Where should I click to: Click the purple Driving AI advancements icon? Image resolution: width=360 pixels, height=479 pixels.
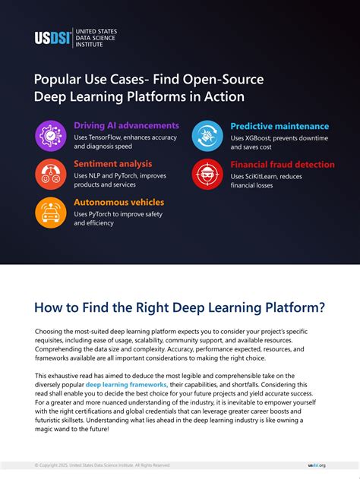[52, 136]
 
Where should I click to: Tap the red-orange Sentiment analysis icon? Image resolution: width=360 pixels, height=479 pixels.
[52, 175]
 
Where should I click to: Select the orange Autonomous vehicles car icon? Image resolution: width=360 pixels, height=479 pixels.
[52, 213]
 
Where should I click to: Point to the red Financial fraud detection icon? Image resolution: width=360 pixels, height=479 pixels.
[207, 175]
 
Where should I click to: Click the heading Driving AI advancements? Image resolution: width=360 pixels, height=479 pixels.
[126, 125]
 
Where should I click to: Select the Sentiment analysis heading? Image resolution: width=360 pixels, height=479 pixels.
[112, 163]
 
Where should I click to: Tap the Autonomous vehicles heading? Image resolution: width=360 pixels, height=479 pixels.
[118, 202]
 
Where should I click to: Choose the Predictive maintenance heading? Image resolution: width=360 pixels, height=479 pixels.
[279, 126]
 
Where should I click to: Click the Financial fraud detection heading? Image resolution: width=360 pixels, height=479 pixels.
[283, 164]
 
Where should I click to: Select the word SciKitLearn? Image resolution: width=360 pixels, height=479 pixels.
[265, 175]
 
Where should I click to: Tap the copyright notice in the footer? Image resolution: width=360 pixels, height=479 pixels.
[102, 465]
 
